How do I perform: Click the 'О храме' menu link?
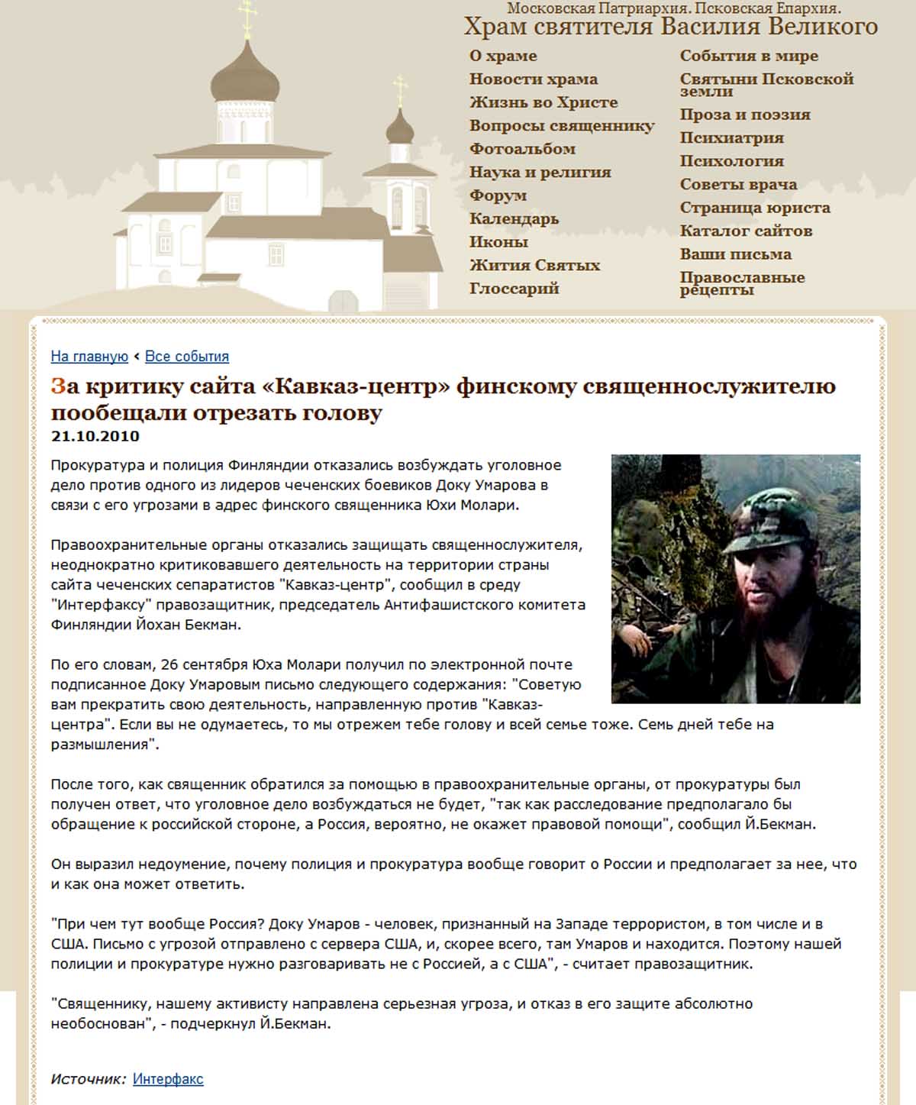click(x=503, y=56)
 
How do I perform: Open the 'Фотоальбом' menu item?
click(x=522, y=149)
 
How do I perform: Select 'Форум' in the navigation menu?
click(x=498, y=195)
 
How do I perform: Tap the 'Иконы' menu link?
click(x=498, y=242)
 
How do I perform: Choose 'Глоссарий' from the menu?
click(x=514, y=289)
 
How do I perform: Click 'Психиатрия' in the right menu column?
click(x=731, y=138)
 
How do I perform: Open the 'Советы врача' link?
click(x=738, y=185)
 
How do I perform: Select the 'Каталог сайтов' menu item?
click(x=746, y=231)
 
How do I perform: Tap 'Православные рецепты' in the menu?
click(x=742, y=283)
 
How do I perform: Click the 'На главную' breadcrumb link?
click(x=89, y=357)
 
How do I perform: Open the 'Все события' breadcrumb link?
click(x=187, y=357)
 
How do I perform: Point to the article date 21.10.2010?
click(x=95, y=436)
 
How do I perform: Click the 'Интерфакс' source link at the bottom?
click(x=168, y=1079)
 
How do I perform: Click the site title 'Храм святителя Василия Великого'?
click(x=671, y=27)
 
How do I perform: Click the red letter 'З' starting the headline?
click(x=59, y=386)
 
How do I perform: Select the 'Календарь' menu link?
click(x=514, y=219)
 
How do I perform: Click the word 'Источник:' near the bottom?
click(x=89, y=1079)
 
